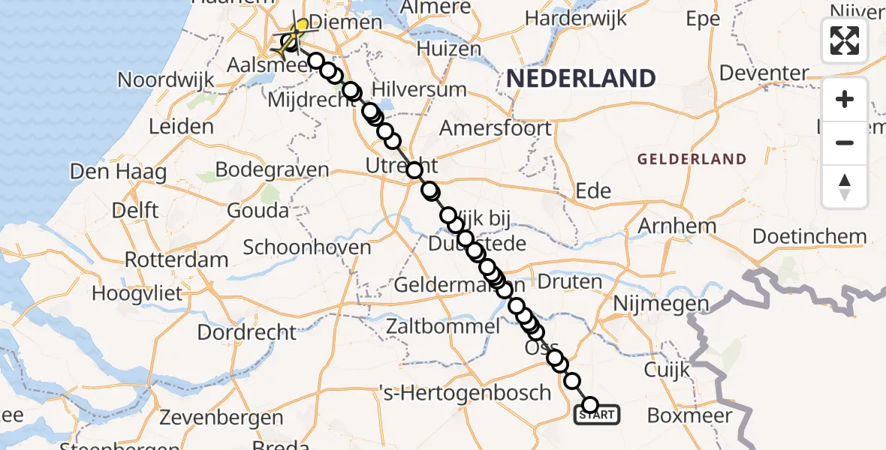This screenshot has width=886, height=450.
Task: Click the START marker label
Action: (x=598, y=415)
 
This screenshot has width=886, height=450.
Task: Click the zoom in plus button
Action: (x=845, y=99)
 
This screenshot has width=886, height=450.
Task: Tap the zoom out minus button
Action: (x=845, y=142)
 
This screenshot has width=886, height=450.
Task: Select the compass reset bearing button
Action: (x=845, y=187)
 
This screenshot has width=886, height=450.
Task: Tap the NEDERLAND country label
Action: (x=580, y=78)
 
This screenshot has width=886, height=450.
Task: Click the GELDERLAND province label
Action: (x=691, y=159)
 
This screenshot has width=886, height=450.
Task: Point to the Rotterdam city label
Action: (x=176, y=260)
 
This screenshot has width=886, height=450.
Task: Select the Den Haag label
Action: (x=118, y=172)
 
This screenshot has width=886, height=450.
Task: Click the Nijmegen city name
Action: (x=661, y=304)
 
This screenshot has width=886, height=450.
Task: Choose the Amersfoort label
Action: (x=495, y=128)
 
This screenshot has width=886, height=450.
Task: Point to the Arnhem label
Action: (x=676, y=226)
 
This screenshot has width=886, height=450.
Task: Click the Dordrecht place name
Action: (x=247, y=331)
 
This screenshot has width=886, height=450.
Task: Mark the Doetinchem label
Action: (x=809, y=236)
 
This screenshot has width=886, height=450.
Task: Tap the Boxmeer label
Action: (x=685, y=415)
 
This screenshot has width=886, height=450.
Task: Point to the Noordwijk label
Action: (x=167, y=79)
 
